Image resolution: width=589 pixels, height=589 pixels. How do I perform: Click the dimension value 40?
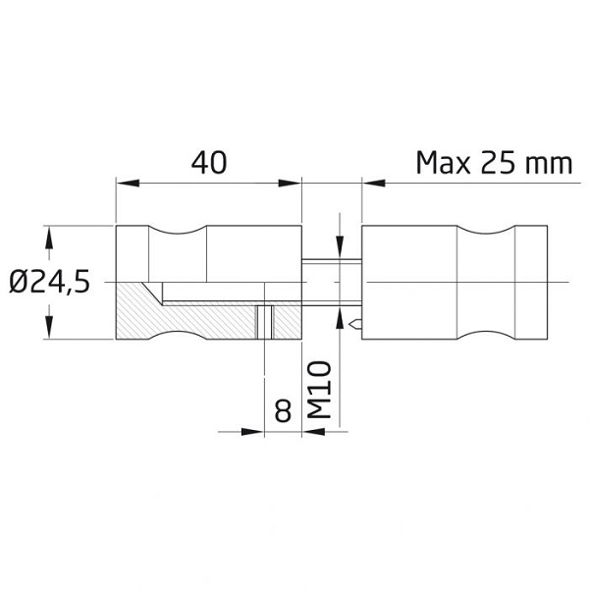[209, 162]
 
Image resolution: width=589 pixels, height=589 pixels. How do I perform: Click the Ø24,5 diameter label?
[50, 283]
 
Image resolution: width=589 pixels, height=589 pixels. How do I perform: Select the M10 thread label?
[319, 390]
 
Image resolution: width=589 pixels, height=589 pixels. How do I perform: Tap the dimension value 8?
[283, 410]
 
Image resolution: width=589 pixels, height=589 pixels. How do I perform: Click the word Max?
[444, 163]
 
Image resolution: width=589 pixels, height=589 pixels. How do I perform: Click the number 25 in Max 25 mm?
[498, 163]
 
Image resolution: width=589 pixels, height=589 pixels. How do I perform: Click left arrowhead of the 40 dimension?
[128, 184]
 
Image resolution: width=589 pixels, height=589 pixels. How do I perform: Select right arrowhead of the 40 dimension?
[290, 184]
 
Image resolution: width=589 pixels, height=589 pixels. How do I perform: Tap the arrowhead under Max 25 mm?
[374, 184]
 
